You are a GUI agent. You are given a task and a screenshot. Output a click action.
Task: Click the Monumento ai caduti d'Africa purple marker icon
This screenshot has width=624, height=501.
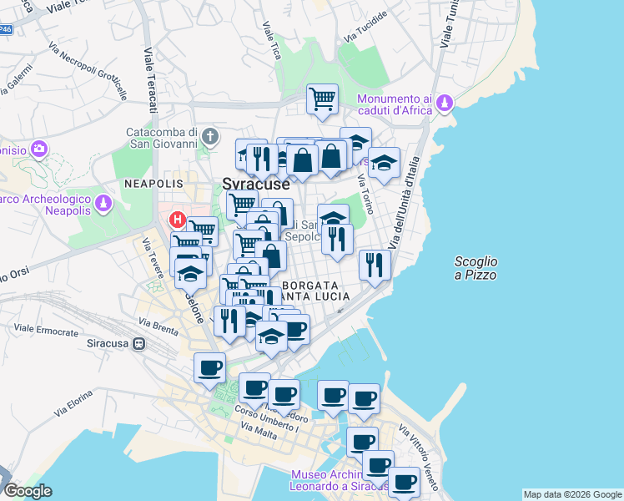(445, 103)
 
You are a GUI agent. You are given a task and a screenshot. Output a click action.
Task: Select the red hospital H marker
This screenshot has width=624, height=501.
(177, 220)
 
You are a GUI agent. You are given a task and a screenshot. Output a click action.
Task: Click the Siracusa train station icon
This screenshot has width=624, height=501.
(139, 343)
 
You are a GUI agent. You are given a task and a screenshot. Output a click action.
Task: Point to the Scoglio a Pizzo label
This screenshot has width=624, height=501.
(476, 268)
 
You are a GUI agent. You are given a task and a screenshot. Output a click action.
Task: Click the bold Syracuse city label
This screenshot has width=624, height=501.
(255, 184)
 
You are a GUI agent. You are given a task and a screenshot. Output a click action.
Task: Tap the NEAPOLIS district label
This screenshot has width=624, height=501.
(153, 183)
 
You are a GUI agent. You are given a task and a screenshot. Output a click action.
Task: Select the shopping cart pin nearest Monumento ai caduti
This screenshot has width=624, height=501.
(322, 99)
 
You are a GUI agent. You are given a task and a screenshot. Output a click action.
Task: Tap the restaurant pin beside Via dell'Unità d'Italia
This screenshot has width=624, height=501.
(375, 266)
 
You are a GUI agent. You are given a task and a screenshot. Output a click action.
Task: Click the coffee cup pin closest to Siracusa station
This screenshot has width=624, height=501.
(209, 367)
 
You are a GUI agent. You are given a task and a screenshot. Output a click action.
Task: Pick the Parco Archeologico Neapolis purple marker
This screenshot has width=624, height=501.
(103, 203)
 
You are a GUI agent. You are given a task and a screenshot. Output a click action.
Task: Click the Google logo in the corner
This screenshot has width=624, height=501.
(27, 491)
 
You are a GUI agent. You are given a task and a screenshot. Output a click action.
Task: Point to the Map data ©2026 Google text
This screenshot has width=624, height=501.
(572, 494)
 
